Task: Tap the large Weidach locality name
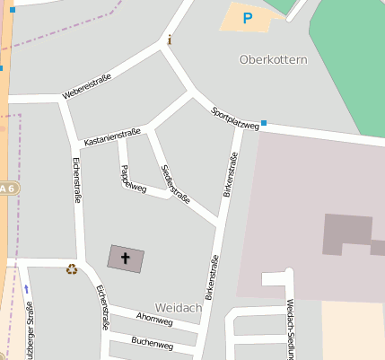(178, 308)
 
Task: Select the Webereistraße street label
(86, 87)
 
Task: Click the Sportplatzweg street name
(235, 119)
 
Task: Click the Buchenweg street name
(152, 343)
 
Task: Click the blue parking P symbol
(248, 17)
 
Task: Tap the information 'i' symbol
(170, 40)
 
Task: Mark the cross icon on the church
(125, 259)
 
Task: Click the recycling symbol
(71, 268)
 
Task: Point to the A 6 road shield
(8, 188)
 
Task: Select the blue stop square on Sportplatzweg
(264, 123)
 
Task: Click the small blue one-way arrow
(27, 288)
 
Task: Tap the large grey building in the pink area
(346, 235)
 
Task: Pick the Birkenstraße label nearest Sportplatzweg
(231, 175)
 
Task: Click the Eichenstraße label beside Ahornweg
(101, 308)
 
